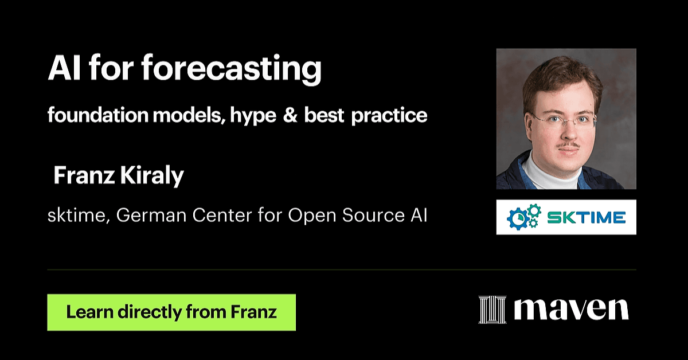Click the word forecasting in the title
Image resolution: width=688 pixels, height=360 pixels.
(231, 69)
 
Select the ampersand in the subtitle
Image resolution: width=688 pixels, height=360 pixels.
(290, 115)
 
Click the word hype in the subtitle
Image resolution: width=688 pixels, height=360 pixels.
(253, 116)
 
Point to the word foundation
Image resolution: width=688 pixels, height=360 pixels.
(98, 115)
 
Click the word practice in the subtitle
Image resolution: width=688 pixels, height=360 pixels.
(389, 116)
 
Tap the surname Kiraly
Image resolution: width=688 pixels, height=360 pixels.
(152, 176)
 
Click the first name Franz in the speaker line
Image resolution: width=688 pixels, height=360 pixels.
(84, 175)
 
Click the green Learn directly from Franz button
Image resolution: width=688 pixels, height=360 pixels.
(171, 312)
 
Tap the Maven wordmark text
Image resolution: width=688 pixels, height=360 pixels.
(572, 310)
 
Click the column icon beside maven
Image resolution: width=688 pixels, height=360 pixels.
(492, 310)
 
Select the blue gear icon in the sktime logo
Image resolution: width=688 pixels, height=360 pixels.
(518, 218)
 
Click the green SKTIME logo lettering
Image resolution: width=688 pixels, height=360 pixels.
(587, 218)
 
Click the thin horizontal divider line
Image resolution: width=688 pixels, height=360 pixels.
(342, 269)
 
